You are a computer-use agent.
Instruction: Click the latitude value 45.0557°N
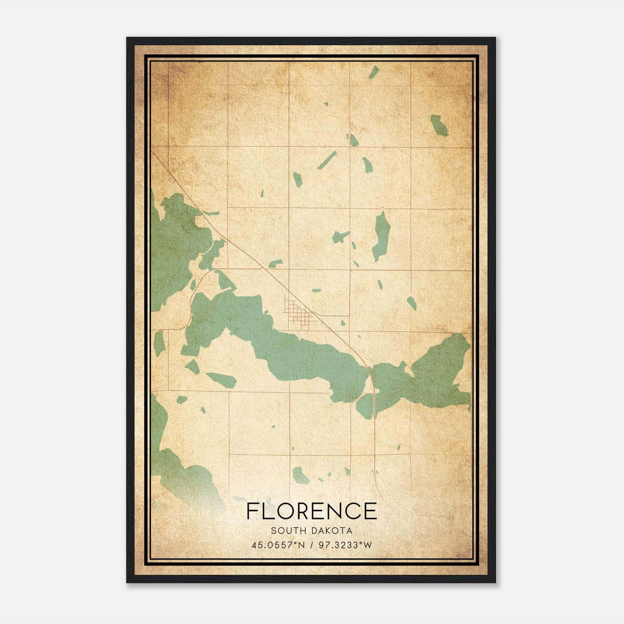click(x=278, y=545)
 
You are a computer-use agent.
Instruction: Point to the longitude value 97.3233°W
click(x=345, y=545)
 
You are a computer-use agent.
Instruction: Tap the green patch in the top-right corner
click(x=439, y=125)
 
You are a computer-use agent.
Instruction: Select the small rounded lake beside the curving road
click(x=365, y=406)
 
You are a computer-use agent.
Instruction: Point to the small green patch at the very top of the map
click(x=374, y=73)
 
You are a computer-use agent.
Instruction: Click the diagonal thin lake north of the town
click(x=327, y=160)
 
